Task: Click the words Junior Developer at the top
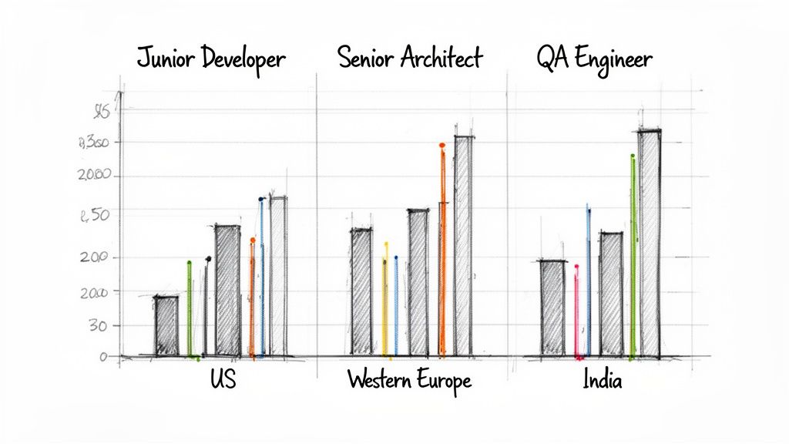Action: (210, 59)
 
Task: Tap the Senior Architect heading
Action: (410, 58)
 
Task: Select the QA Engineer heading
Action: (593, 59)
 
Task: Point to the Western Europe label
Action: (408, 380)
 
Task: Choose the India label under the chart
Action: (602, 381)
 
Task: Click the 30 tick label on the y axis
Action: (96, 326)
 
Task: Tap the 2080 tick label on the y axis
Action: (96, 176)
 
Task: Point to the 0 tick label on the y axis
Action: (102, 357)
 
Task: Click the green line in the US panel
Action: (190, 308)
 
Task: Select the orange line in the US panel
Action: (252, 301)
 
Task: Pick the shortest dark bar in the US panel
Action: (166, 325)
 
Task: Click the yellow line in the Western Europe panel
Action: (385, 301)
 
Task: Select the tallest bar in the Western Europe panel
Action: (464, 245)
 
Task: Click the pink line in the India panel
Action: (576, 312)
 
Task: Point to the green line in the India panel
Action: (633, 254)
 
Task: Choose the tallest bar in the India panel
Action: (650, 243)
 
